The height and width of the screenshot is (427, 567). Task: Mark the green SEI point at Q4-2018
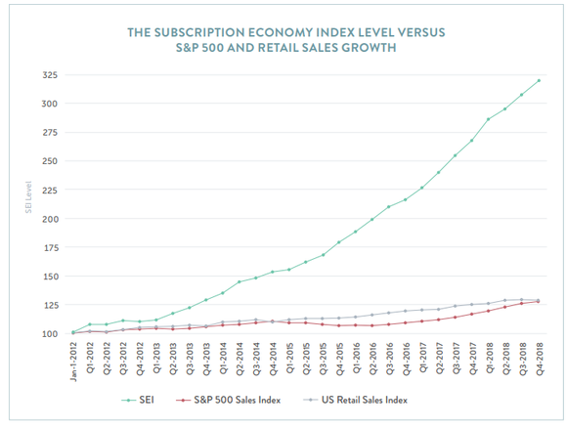[539, 80]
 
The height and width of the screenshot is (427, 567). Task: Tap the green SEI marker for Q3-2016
[389, 207]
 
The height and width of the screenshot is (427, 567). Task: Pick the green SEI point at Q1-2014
[223, 292]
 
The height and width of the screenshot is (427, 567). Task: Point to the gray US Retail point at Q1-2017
[422, 313]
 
